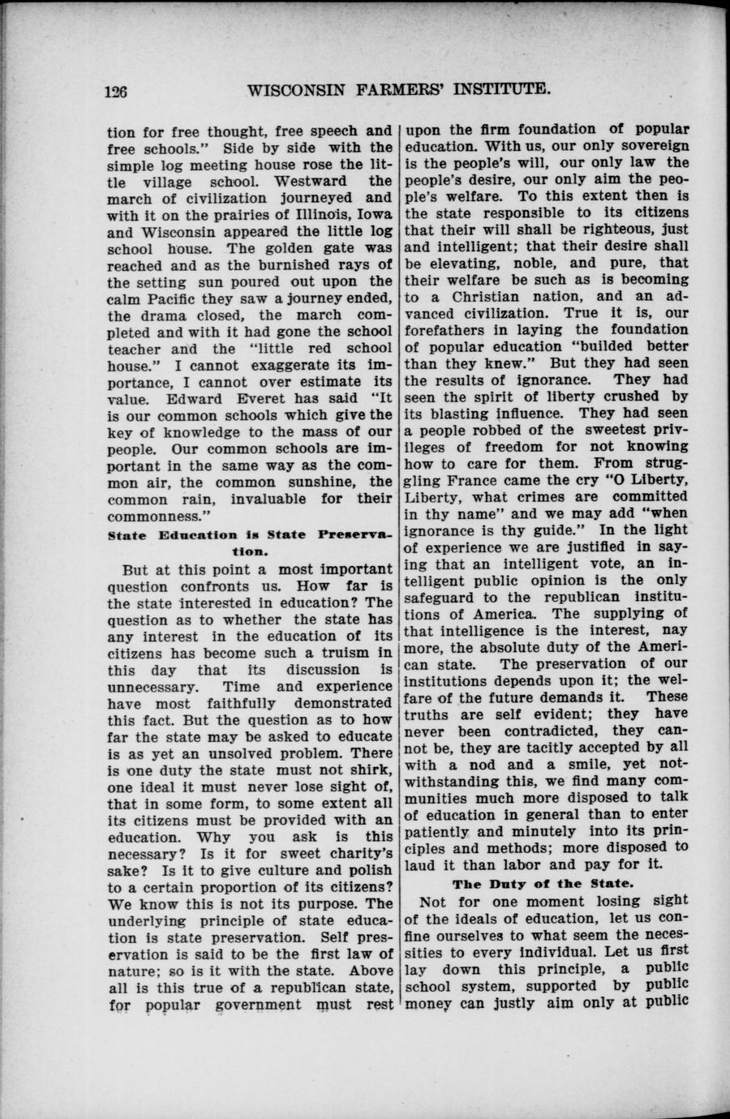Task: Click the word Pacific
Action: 170,298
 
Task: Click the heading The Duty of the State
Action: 547,883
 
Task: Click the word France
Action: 475,480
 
